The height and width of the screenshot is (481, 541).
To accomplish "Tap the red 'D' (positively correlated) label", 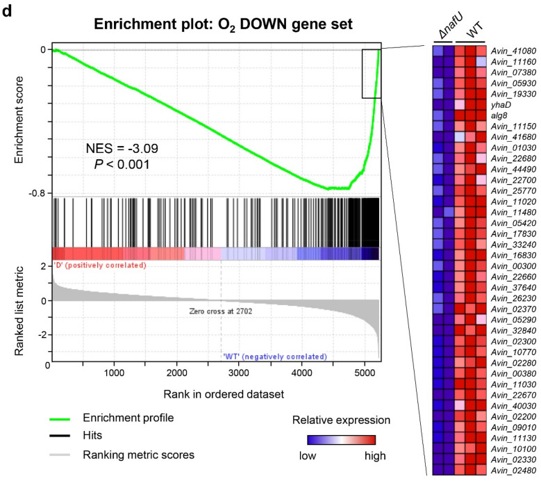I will click(x=100, y=266).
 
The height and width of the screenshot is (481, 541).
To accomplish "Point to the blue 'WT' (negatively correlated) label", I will click(x=274, y=357).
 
